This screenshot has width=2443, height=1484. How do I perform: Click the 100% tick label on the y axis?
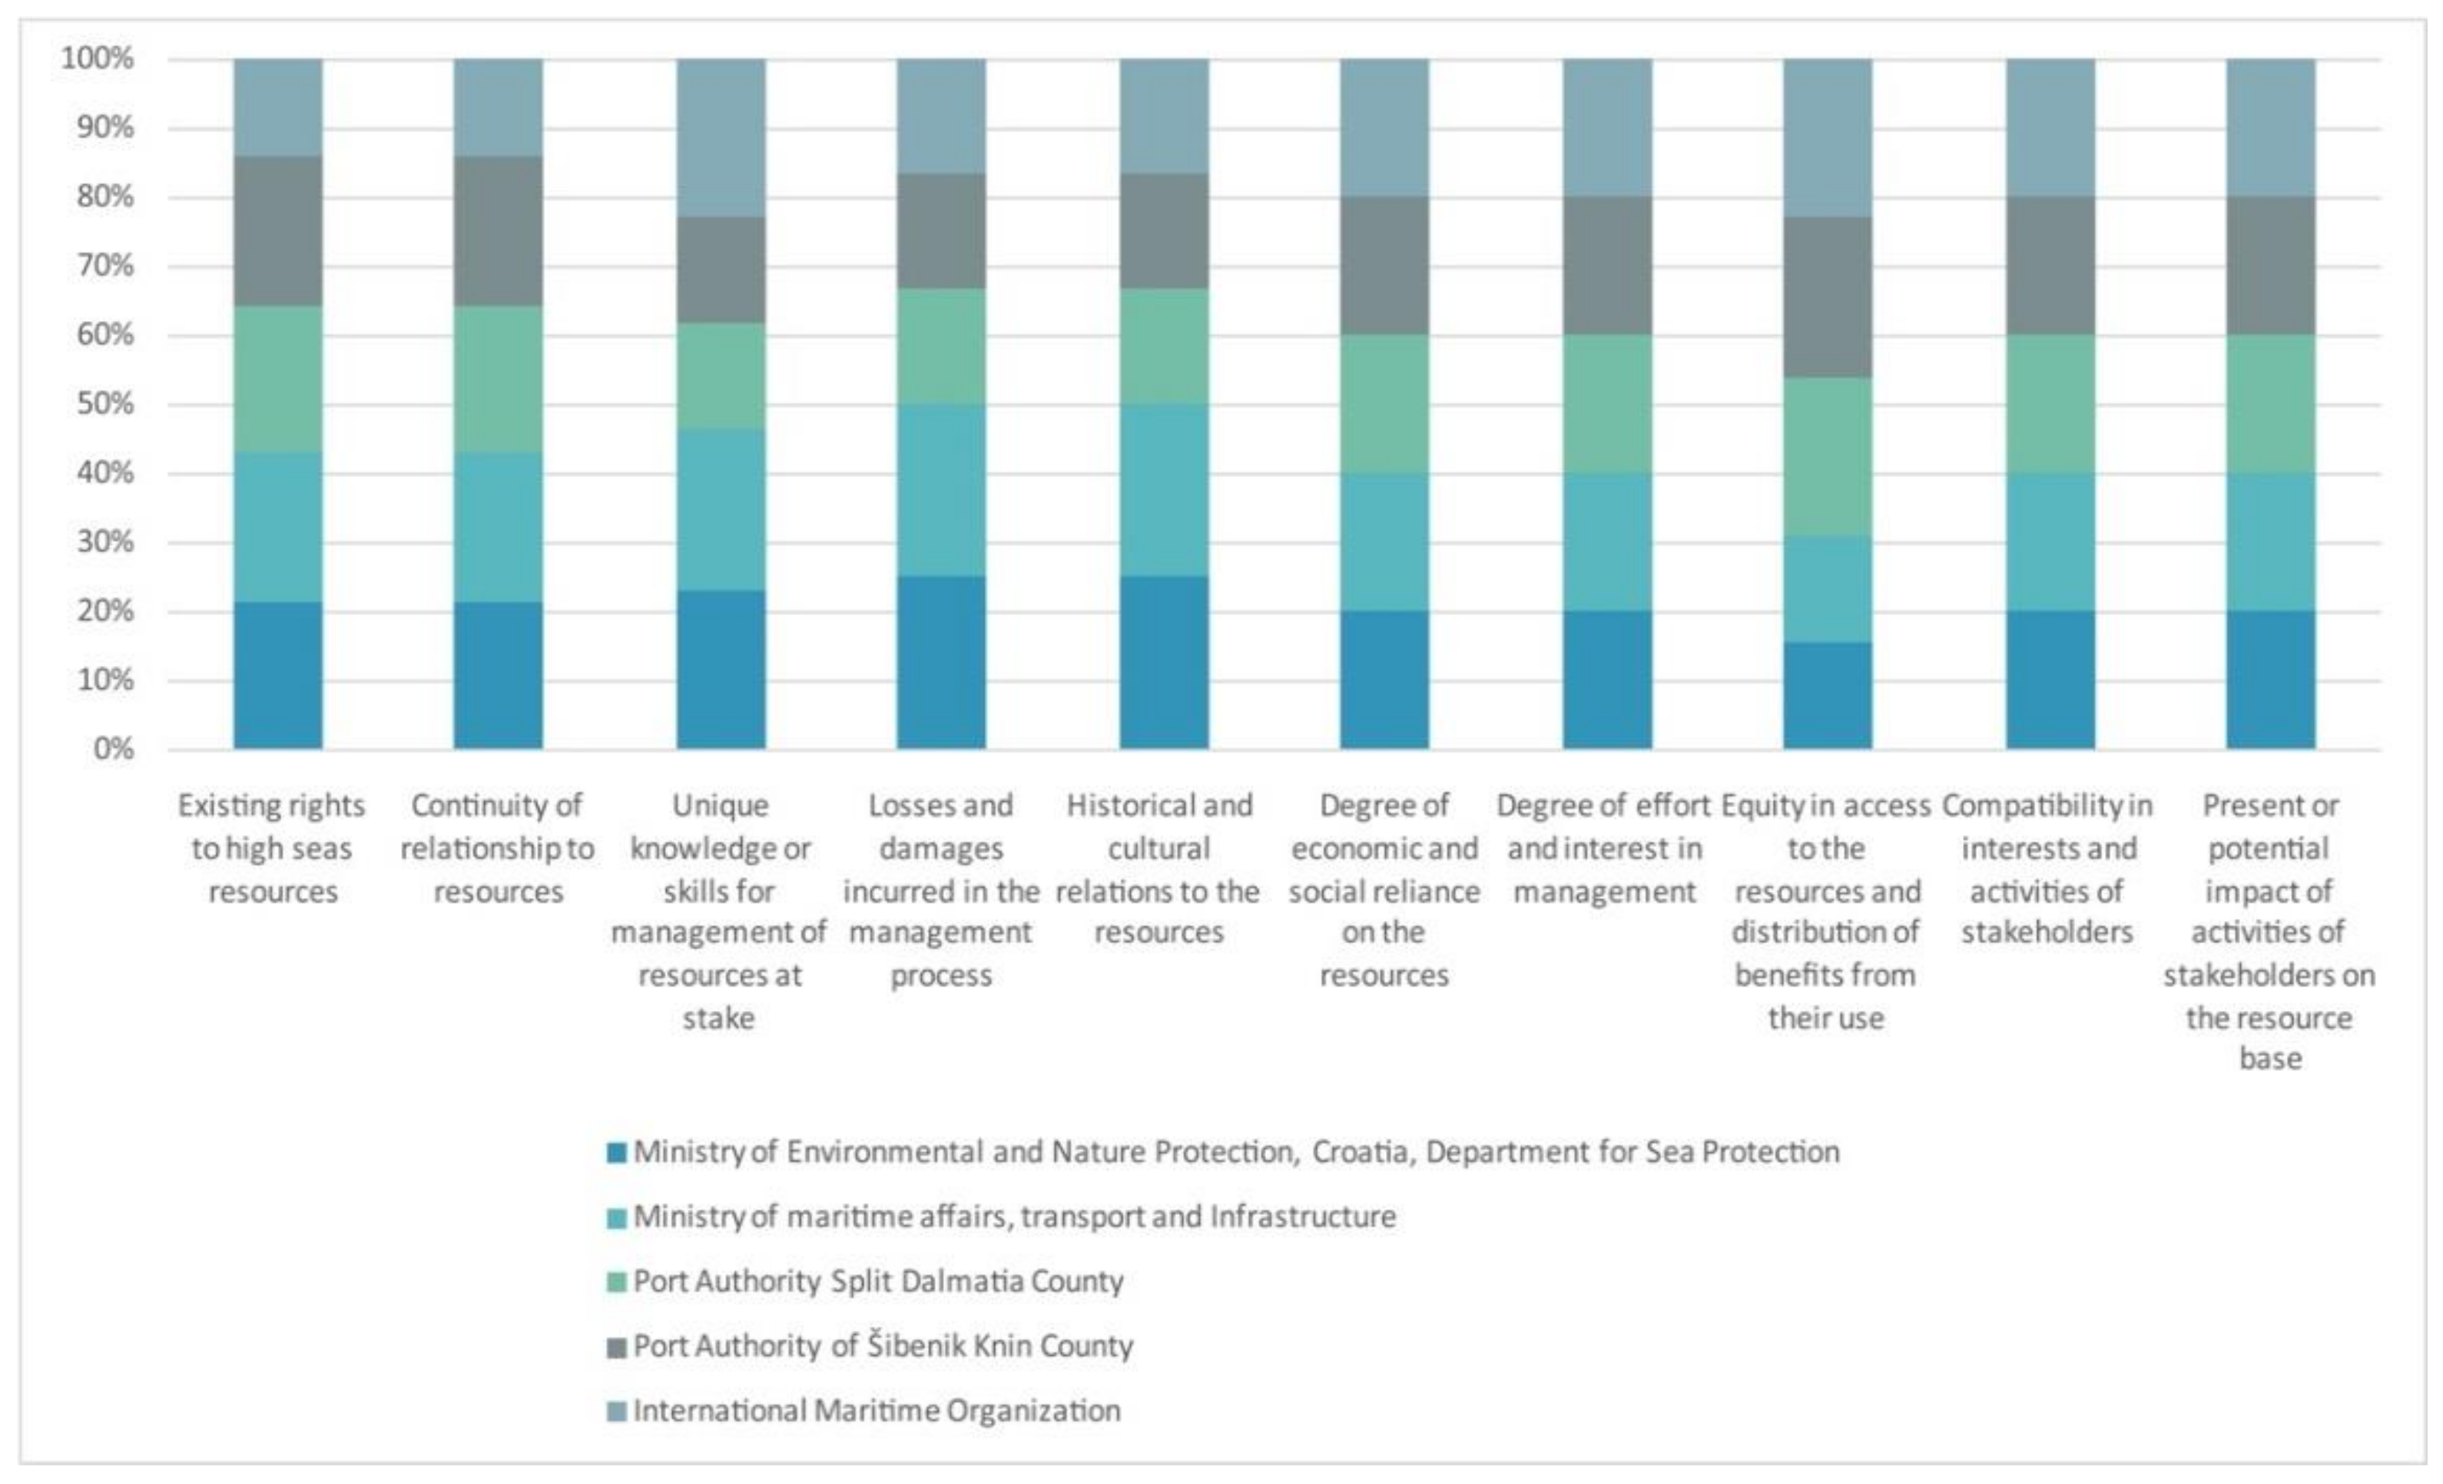[97, 58]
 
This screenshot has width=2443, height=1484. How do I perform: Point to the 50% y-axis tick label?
[105, 405]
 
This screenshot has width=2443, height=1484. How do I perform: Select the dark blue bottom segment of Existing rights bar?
[277, 675]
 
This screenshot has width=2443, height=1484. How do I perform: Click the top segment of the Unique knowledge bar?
[721, 137]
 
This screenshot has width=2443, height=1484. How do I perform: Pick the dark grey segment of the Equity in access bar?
[1828, 297]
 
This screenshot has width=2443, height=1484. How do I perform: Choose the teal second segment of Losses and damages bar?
[941, 490]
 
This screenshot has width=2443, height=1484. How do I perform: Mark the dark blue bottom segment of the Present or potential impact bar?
[2270, 679]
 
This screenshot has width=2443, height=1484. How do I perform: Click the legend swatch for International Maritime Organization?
[617, 1412]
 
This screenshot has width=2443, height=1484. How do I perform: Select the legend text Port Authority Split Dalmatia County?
[878, 1282]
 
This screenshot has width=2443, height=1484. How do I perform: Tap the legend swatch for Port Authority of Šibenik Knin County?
[617, 1347]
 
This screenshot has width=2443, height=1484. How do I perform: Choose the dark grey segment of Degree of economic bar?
[1384, 266]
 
